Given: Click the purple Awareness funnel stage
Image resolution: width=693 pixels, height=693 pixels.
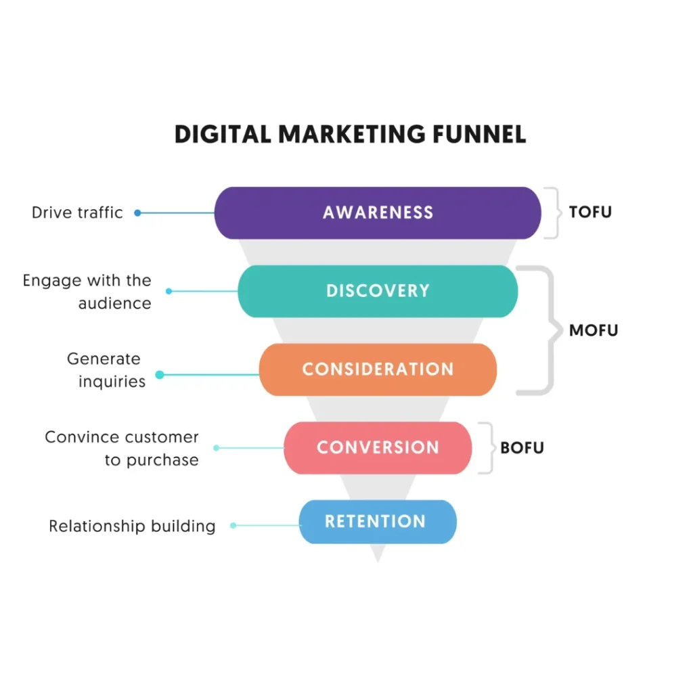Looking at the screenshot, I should pos(378,213).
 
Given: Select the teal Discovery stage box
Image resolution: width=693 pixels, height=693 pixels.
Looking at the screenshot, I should pos(378,291).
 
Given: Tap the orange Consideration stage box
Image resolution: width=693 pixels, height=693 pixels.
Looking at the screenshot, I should pos(378,370).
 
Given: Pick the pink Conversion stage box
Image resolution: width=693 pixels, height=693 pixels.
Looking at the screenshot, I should pos(378,447).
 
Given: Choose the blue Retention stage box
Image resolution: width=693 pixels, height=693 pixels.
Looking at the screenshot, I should pos(378,522).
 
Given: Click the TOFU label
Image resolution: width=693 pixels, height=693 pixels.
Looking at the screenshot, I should pos(590,212).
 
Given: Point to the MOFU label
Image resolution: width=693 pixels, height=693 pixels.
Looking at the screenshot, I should pos(594,331).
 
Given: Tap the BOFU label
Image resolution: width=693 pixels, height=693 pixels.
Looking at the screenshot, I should pos(522,448).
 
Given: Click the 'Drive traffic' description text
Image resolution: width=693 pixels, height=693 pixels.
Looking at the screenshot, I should pos(77,213).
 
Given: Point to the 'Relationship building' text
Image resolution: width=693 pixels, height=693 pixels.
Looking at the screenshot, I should pos(132,526).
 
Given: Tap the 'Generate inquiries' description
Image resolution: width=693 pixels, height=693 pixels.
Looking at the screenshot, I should pos(106,370).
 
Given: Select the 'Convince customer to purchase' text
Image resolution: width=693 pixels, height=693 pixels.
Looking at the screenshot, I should pos(122,448).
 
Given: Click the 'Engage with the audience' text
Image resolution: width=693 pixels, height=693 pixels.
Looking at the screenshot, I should pos(87,292).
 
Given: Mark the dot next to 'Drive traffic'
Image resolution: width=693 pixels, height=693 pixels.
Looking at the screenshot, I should pos(137,213).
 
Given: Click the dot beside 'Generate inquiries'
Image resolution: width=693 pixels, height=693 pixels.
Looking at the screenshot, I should pos(160,374).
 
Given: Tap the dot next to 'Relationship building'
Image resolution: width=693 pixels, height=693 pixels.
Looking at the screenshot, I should pos(233,525).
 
